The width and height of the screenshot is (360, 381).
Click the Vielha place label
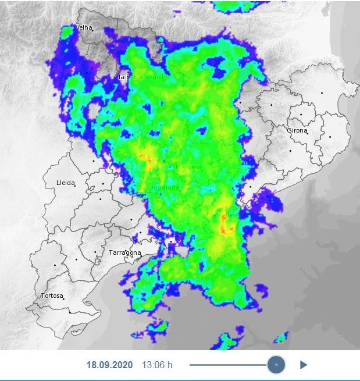pos(84,28)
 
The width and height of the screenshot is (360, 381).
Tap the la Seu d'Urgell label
pos(141,77)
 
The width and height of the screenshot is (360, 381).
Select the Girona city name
pos(297,131)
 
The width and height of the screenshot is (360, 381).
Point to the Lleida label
pos(65,183)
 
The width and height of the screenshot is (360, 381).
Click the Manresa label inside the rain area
pos(188,168)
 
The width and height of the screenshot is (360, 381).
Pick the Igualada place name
pos(165,188)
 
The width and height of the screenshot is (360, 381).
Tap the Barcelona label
pos(223,216)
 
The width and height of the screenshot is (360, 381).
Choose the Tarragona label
pos(125,253)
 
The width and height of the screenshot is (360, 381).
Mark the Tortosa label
pos(51,296)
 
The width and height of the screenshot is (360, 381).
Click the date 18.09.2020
pos(110,365)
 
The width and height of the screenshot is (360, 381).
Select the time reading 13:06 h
pos(157,365)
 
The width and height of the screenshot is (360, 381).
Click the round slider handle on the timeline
pos(276,365)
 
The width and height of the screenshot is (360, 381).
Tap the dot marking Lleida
pos(75,186)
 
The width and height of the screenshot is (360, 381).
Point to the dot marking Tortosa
pos(63,299)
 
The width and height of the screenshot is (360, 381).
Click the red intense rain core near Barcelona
pos(226,228)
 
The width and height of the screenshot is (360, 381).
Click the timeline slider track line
pos(227,365)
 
